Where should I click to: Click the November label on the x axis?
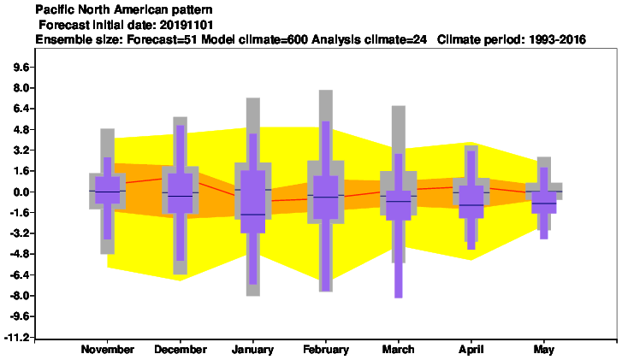click(x=108, y=350)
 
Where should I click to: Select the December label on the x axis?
click(x=181, y=350)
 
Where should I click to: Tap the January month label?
click(x=252, y=350)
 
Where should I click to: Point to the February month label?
click(x=326, y=350)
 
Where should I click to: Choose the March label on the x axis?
click(x=399, y=350)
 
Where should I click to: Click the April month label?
click(x=471, y=350)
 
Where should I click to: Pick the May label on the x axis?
click(x=544, y=350)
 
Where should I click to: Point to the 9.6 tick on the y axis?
click(x=21, y=68)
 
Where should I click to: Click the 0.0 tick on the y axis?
click(x=21, y=192)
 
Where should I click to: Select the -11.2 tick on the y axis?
click(x=16, y=338)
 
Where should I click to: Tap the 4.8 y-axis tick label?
click(x=21, y=130)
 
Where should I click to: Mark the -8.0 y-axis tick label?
click(x=19, y=296)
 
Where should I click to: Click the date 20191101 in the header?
click(x=187, y=25)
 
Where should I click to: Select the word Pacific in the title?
click(x=51, y=9)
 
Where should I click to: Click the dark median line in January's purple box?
click(x=253, y=215)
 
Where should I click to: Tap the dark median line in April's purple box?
click(x=471, y=205)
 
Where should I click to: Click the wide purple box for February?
click(x=326, y=197)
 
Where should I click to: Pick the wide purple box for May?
click(x=544, y=202)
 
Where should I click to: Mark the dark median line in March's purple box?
click(x=399, y=202)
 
